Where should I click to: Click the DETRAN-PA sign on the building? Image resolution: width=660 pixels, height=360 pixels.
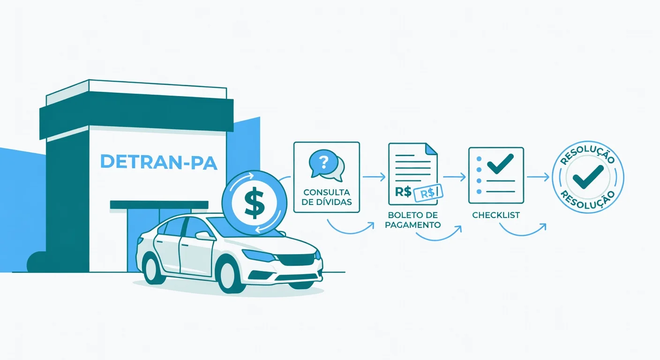159,162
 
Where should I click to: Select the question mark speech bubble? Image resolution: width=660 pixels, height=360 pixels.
326,165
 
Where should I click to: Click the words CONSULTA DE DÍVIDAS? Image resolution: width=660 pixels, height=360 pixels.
326,197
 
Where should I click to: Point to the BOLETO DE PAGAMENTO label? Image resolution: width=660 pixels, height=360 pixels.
413,220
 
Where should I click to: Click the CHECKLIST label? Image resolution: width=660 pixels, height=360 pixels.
496,215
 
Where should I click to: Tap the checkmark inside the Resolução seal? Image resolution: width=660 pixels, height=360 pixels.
588,177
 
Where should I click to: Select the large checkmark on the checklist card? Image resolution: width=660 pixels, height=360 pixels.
500,164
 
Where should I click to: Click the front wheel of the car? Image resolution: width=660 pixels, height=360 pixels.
228,275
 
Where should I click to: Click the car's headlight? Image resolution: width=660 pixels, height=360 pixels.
259,255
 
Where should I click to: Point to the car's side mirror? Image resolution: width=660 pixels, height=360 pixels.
204,235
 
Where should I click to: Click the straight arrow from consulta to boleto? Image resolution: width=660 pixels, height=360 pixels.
374,177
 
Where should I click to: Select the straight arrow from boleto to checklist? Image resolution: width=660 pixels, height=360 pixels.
454,177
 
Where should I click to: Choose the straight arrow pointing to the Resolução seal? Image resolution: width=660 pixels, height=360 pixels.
538,177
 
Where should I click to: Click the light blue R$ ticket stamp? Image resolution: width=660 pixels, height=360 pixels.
428,193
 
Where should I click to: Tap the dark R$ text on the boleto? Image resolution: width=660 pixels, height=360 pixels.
403,192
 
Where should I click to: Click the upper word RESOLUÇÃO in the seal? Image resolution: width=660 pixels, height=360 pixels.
587,153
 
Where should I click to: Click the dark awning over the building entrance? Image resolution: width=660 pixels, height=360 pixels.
159,205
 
